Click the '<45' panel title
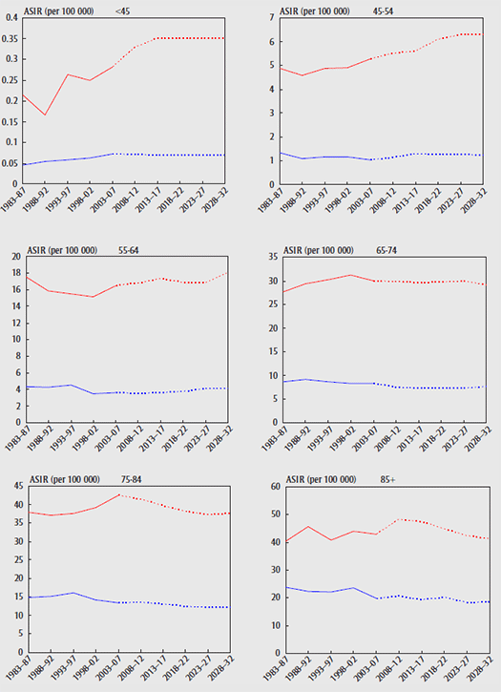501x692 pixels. click(x=122, y=12)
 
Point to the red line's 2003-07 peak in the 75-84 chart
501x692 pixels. click(x=120, y=494)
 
